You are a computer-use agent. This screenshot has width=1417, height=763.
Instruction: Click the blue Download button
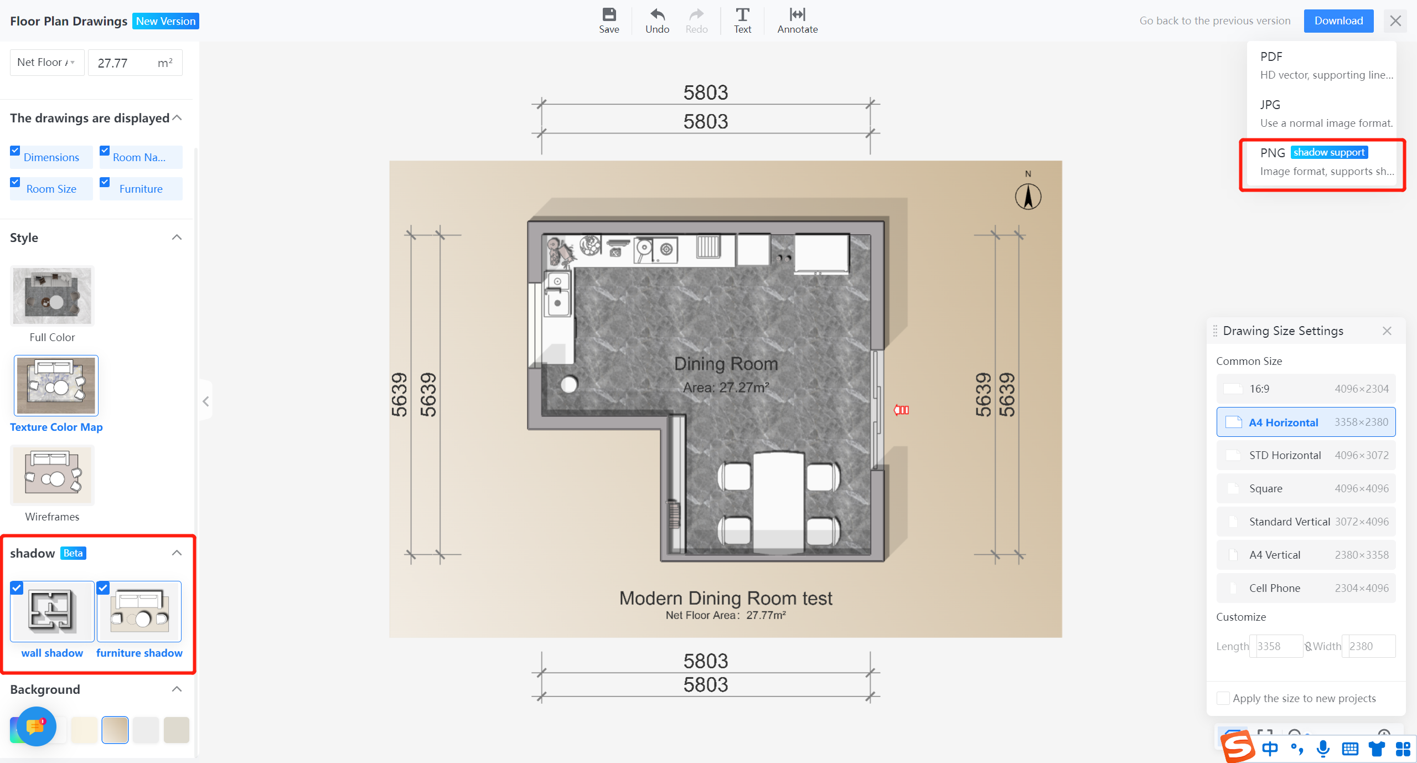[1338, 21]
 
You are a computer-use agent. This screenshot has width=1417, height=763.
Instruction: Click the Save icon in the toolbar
[609, 14]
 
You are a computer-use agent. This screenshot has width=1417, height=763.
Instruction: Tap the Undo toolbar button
[657, 21]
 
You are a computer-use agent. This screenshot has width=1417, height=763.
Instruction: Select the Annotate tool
[797, 21]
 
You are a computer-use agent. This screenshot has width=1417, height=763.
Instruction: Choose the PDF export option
[1322, 65]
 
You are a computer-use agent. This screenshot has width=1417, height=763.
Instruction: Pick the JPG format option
[1322, 114]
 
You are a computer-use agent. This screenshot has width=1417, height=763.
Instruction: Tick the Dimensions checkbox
[15, 151]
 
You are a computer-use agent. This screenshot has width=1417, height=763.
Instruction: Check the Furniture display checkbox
[105, 182]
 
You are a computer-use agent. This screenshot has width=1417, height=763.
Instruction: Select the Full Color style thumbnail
[53, 296]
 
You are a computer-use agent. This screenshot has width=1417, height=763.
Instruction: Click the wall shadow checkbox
[17, 588]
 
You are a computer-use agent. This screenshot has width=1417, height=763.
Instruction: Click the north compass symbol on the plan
[1028, 197]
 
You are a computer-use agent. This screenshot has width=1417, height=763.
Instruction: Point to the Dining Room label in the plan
[726, 364]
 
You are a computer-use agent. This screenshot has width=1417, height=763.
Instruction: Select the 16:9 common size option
[1306, 389]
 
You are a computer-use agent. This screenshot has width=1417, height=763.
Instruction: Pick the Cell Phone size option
[1306, 588]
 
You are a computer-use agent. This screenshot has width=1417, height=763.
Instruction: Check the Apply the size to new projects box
[1223, 698]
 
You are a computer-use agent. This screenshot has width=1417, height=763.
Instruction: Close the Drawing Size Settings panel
[1387, 331]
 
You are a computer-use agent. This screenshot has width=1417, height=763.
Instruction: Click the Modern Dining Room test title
[726, 598]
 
